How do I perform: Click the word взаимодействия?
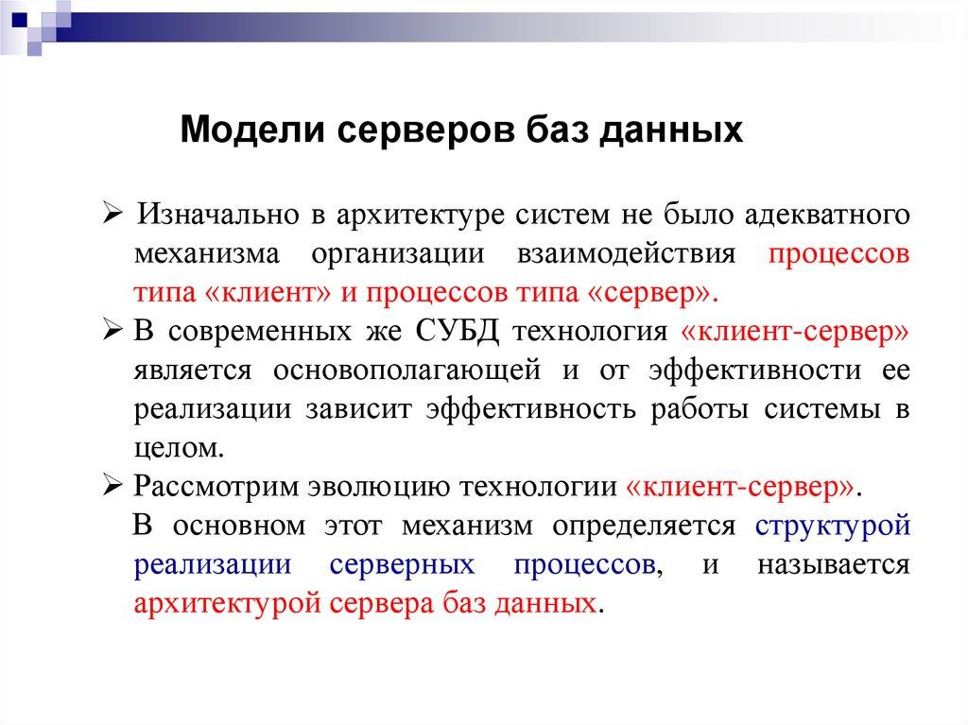pyautogui.click(x=626, y=253)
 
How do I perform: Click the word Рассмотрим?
pyautogui.click(x=214, y=487)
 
